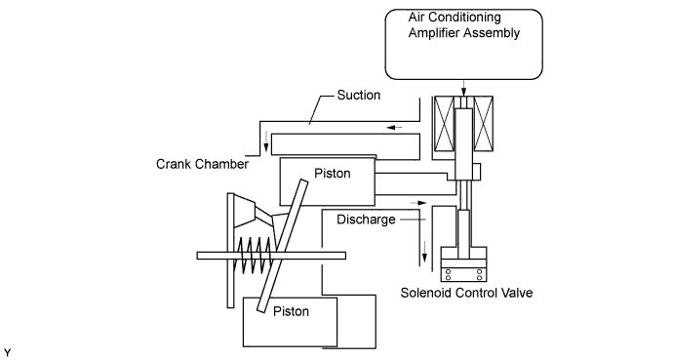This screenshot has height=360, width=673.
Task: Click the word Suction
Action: tap(359, 95)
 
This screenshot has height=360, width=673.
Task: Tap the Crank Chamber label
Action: tap(202, 164)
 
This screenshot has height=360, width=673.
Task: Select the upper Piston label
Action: tap(333, 174)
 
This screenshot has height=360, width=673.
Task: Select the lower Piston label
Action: tap(291, 311)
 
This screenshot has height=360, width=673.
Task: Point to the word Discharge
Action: tap(366, 220)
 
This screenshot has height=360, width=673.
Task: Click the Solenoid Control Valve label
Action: tap(466, 293)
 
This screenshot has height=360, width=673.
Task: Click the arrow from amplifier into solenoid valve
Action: tap(463, 89)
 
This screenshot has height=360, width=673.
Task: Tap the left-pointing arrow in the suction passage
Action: tap(395, 128)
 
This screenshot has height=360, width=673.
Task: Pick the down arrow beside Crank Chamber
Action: tap(266, 142)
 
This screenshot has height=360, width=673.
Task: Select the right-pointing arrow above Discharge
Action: tap(419, 203)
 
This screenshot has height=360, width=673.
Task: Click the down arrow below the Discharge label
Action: tap(424, 252)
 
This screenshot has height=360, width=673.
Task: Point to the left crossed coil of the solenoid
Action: tap(444, 124)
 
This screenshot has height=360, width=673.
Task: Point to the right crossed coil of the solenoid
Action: tap(483, 124)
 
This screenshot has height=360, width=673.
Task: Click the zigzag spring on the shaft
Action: tap(256, 256)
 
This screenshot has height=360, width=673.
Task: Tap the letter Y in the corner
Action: tap(7, 353)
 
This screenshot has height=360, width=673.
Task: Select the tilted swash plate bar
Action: tap(283, 245)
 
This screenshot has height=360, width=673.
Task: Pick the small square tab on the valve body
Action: tap(476, 171)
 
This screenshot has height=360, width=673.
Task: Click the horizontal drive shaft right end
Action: tap(345, 256)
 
